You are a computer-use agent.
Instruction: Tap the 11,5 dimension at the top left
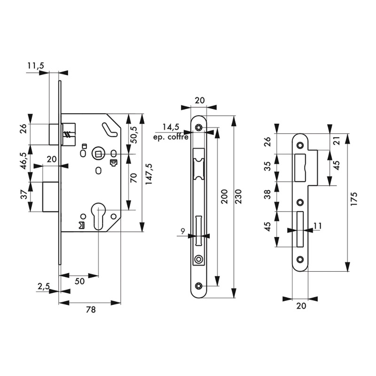35,66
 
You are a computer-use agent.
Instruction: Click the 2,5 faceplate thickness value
43,287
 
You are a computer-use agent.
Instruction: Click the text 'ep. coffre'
171,137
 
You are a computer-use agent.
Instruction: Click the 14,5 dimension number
171,127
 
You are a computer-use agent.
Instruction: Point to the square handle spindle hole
98,153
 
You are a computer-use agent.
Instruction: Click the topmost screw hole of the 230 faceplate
200,127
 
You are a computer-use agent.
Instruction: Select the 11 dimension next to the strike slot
318,226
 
